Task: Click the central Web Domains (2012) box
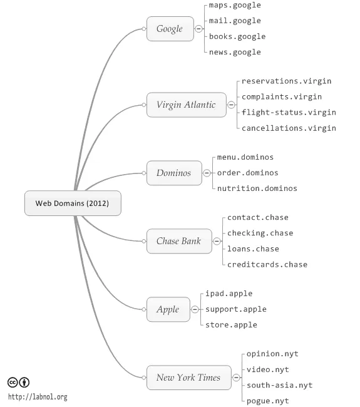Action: pyautogui.click(x=72, y=203)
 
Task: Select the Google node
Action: pyautogui.click(x=170, y=29)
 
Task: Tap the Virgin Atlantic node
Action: pyautogui.click(x=185, y=105)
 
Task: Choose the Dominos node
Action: pyautogui.click(x=174, y=173)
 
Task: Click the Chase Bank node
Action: pyautogui.click(x=178, y=241)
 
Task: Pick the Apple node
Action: pyautogui.click(x=168, y=309)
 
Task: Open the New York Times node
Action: pyautogui.click(x=188, y=378)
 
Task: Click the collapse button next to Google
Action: pyautogui.click(x=199, y=29)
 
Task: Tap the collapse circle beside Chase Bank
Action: pyautogui.click(x=217, y=241)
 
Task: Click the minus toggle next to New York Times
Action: pyautogui.click(x=236, y=378)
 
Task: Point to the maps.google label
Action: pyautogui.click(x=235, y=6)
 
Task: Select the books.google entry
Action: pyautogui.click(x=237, y=36)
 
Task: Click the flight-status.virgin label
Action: pyautogui.click(x=289, y=112)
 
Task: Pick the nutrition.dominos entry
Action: pyautogui.click(x=257, y=188)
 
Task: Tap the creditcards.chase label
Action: pyautogui.click(x=267, y=264)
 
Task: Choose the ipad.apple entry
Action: pyautogui.click(x=229, y=294)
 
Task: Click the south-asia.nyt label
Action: pyautogui.click(x=279, y=385)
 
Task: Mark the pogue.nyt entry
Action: pyautogui.click(x=268, y=401)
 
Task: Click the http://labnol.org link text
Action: pyautogui.click(x=38, y=397)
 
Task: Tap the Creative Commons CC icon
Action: pyautogui.click(x=13, y=383)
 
